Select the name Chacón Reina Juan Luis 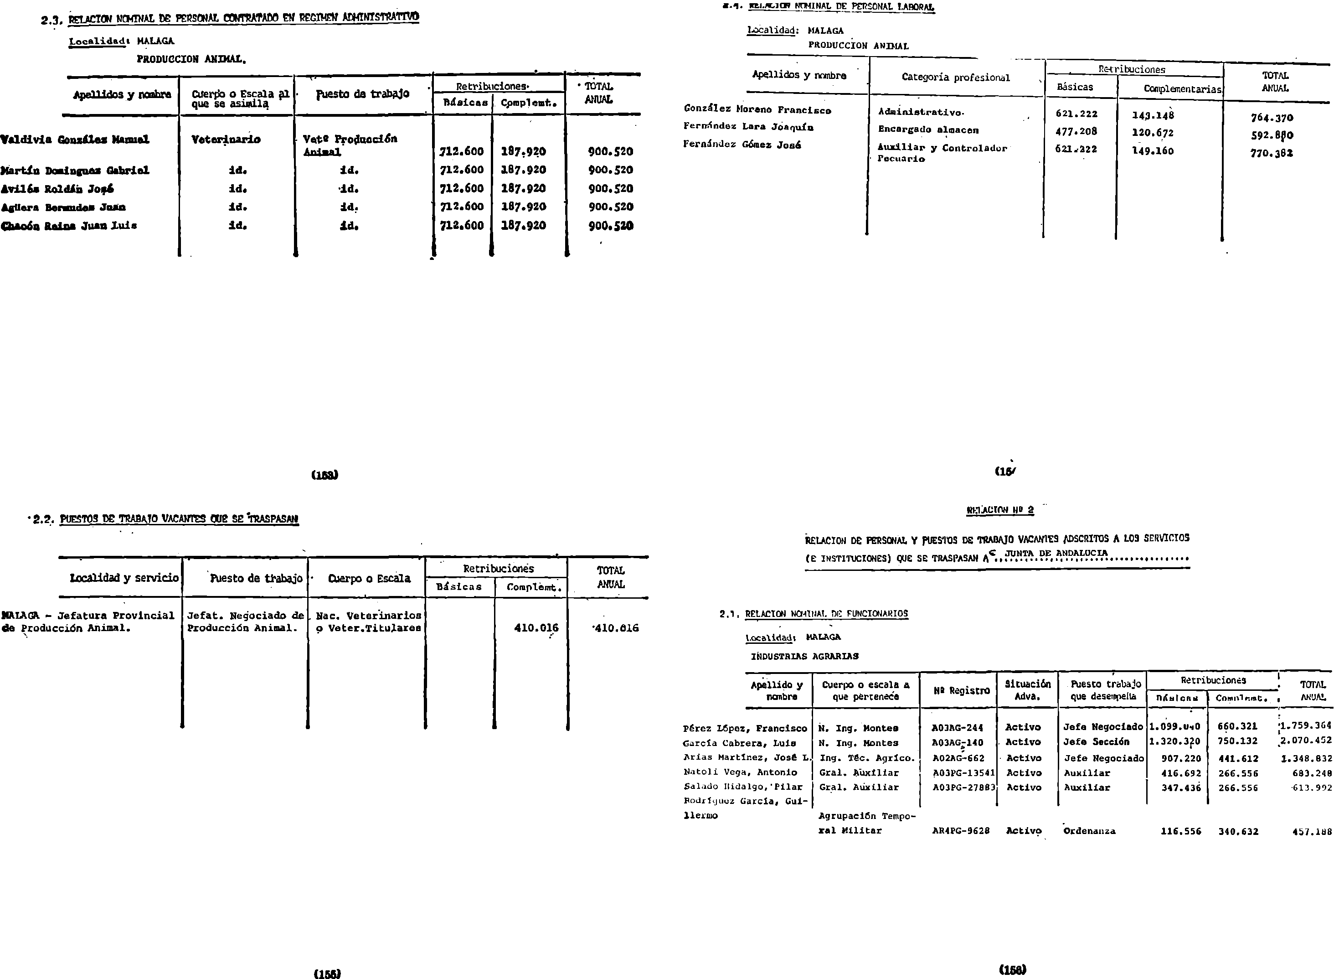tap(69, 226)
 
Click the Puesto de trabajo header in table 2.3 tap(362, 93)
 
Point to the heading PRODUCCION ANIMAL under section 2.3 tap(191, 59)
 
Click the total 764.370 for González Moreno tap(1272, 118)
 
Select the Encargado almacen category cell tap(928, 130)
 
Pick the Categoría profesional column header tap(955, 77)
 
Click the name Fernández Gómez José tap(742, 145)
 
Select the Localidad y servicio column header tap(124, 578)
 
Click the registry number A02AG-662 tap(958, 758)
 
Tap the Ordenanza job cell tap(1089, 831)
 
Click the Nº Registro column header tap(961, 690)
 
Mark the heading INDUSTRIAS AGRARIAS tap(804, 656)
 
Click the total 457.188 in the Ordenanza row tap(1312, 831)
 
